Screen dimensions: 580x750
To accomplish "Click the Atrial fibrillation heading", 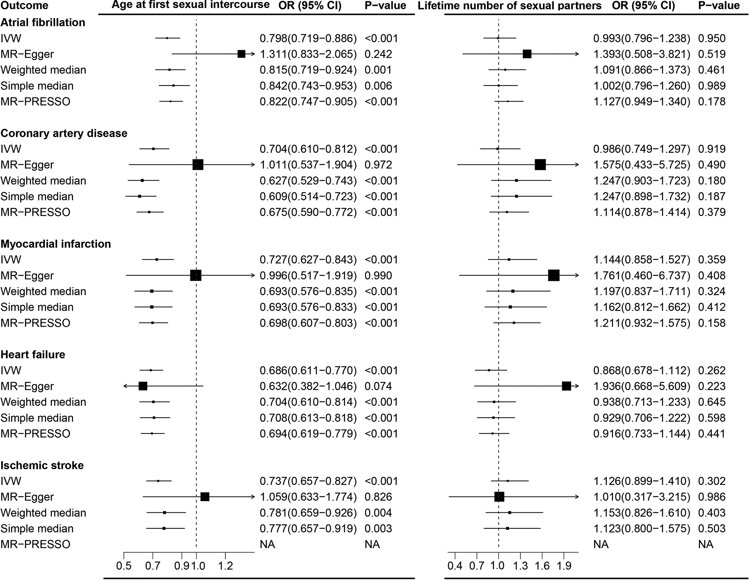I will point(43,22).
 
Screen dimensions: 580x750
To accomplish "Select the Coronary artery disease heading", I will point(64,133).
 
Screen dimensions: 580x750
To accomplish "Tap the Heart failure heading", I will point(33,354).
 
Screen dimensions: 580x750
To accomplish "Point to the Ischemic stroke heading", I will point(42,465).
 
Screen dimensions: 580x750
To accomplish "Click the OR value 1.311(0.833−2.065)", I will point(308,54).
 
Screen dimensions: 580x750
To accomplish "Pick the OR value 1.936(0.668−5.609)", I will point(642,386).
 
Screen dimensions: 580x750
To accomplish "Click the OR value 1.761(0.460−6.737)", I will point(642,276).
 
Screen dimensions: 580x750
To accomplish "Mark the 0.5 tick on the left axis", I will point(124,566).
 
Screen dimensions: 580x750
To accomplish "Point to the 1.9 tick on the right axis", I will point(564,566).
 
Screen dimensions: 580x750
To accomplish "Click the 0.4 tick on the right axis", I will point(455,566).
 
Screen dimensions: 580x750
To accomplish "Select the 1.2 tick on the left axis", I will point(225,566).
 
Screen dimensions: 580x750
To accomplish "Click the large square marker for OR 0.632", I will point(143,386).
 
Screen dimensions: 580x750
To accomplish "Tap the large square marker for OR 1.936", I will point(566,386).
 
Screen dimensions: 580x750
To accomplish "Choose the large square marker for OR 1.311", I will point(242,54).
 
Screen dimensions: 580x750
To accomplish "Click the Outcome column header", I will point(24,6).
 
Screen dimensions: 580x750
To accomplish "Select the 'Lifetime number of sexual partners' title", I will point(510,6).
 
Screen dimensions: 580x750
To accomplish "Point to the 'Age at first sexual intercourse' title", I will point(190,5).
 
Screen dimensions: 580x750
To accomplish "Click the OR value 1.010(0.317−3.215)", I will point(642,497).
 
